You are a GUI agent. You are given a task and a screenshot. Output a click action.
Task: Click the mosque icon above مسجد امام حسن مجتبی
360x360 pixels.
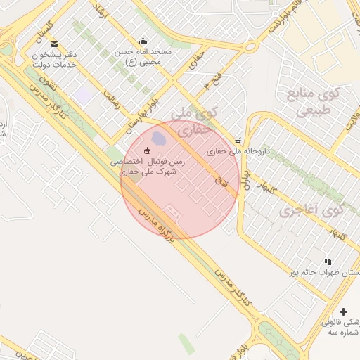point(144,41)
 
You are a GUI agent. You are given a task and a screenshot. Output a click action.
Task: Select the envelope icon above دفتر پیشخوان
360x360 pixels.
point(54,44)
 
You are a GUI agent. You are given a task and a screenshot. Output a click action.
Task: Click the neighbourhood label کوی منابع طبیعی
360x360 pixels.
point(318,102)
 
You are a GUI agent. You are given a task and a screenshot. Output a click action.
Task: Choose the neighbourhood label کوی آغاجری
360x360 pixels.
point(311,210)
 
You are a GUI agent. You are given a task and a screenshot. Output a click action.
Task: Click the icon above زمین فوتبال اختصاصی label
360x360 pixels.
point(147,150)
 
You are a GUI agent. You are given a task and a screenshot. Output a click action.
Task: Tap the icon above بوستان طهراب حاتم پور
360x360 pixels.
point(328,261)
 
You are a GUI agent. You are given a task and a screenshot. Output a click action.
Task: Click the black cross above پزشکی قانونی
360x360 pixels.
point(343,311)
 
